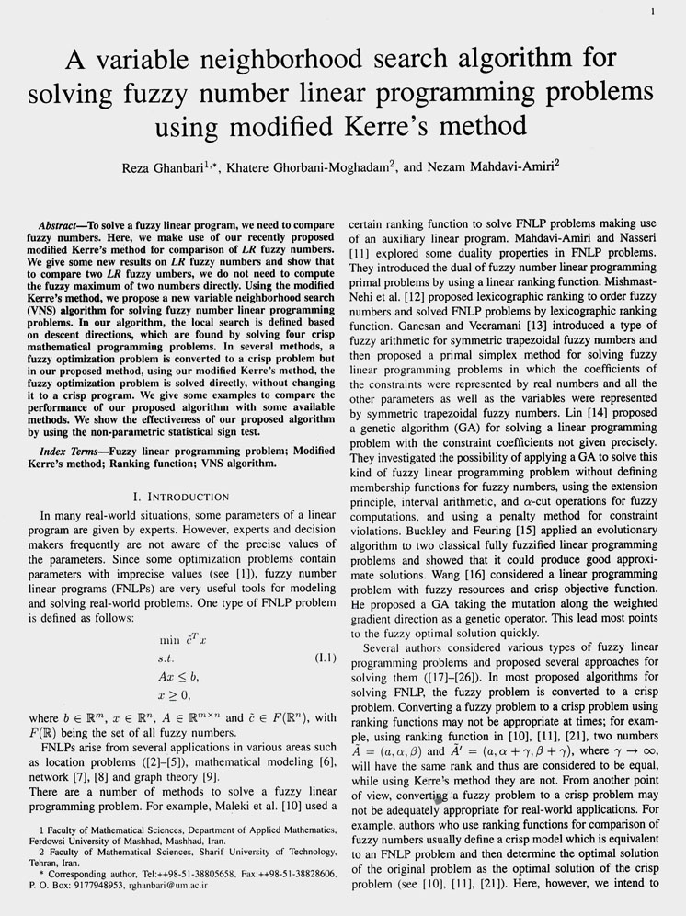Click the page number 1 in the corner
coord(652,12)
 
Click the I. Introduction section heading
coord(180,497)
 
